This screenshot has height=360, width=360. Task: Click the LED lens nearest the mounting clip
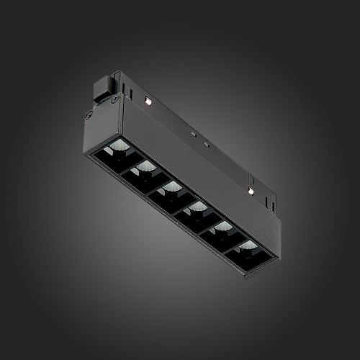117,150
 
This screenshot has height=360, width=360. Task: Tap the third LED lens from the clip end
171,188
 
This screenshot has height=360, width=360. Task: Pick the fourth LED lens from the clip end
197,208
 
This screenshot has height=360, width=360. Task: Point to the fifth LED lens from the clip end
222,228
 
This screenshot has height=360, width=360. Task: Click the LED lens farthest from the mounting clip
248,247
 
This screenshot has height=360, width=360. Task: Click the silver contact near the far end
251,190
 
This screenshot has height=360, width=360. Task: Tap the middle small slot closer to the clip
193,133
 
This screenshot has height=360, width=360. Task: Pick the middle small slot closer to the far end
207,144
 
